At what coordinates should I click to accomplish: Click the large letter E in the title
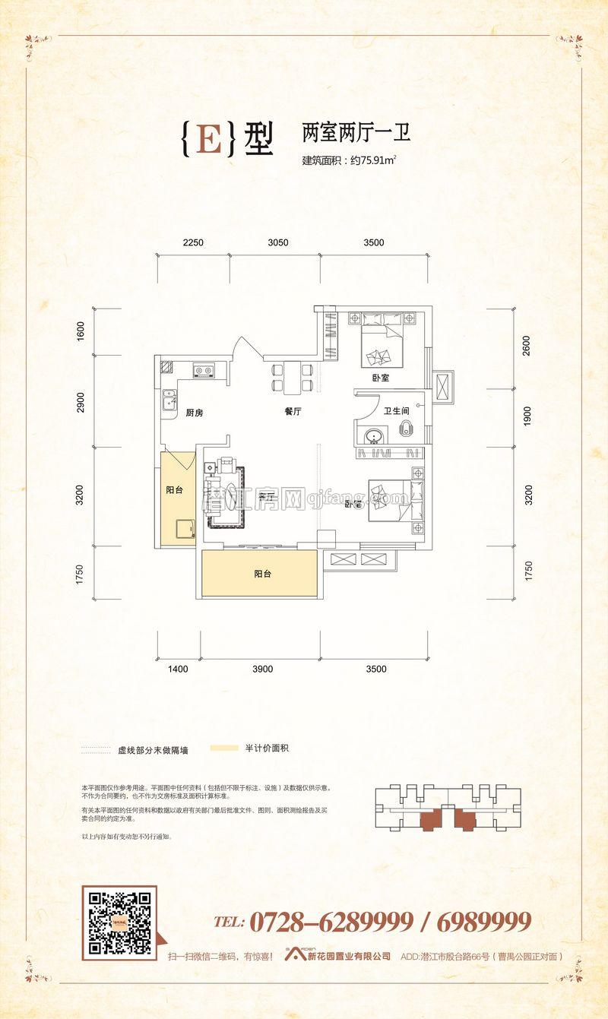click(x=209, y=139)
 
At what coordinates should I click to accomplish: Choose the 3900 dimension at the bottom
click(x=262, y=669)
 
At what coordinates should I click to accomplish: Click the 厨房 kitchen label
click(x=195, y=413)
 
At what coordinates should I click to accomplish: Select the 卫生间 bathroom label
click(x=396, y=411)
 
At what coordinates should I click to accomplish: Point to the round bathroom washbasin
click(x=373, y=436)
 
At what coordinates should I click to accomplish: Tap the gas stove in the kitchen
click(x=203, y=371)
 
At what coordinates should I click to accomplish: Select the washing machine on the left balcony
click(x=182, y=529)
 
